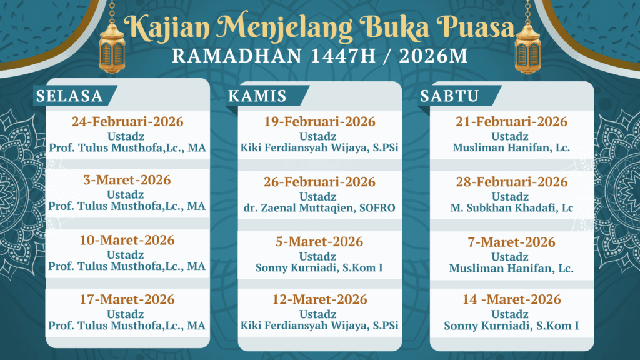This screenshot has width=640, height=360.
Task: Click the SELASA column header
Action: click(69, 96)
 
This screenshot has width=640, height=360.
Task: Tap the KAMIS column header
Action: click(257, 96)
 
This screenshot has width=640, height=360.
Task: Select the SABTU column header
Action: click(449, 96)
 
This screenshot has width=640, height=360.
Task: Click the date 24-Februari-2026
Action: click(127, 122)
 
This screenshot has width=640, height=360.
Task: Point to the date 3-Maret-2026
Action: click(127, 180)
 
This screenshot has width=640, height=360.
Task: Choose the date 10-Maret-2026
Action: click(127, 240)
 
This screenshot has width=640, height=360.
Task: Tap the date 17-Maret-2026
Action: click(127, 299)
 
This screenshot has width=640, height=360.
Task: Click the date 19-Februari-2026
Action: click(319, 122)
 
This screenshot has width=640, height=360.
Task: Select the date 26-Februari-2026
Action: click(319, 182)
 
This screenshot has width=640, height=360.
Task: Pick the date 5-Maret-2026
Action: click(319, 242)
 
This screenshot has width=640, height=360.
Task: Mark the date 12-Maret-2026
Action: click(319, 299)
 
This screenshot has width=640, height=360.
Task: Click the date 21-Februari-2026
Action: click(511, 122)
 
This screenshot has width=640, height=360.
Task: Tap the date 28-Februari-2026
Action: click(511, 182)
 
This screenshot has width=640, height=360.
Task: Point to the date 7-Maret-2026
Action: click(511, 242)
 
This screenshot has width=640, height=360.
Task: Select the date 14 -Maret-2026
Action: click(511, 299)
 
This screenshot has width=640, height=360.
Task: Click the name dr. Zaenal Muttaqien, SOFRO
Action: click(319, 208)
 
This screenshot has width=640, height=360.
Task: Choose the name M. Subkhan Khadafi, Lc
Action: click(511, 208)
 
